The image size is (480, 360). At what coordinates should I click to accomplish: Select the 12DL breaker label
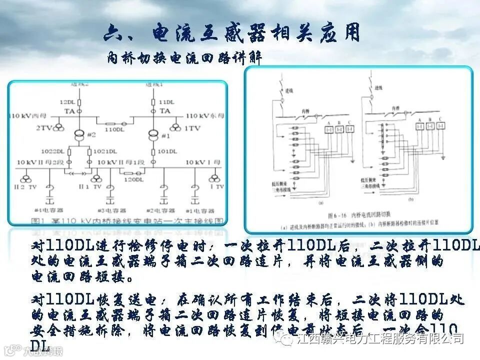(68, 101)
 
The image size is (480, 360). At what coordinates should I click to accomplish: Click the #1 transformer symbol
(154, 135)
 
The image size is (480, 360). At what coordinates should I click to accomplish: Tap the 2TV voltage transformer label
(44, 128)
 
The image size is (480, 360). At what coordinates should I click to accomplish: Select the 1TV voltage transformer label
(192, 128)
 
